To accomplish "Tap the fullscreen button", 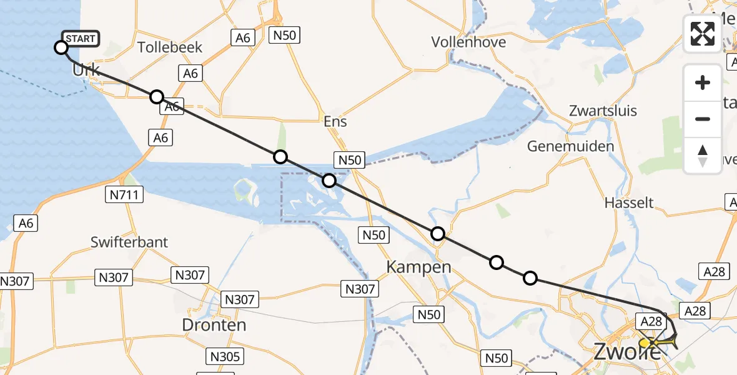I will [x=703, y=33].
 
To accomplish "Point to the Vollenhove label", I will [x=468, y=42].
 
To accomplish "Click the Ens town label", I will [x=335, y=121].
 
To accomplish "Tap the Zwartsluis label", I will [x=603, y=111].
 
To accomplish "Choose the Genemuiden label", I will [x=570, y=147].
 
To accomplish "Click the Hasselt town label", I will [x=629, y=202].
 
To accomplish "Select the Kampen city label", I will [x=418, y=267].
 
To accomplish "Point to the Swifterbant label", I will [x=129, y=242].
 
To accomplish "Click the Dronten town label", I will [x=214, y=325].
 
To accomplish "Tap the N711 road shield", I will [x=123, y=196].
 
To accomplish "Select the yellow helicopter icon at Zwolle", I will [x=656, y=342].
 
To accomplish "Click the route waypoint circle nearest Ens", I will [x=280, y=157].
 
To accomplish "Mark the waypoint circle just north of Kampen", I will [x=438, y=234].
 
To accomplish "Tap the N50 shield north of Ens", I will [x=284, y=36].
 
